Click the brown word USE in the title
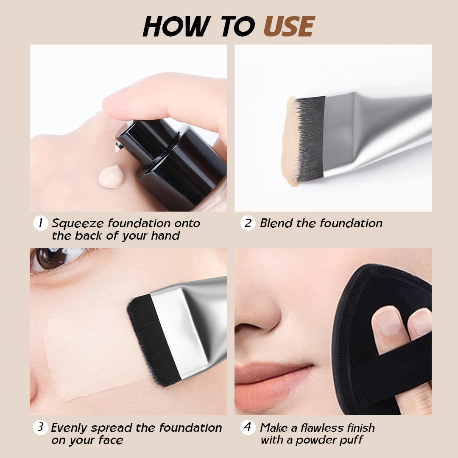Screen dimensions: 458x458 289,27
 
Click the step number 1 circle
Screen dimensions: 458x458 40,223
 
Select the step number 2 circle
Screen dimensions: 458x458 248,223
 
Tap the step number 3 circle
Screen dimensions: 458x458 40,427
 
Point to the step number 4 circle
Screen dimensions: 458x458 248,427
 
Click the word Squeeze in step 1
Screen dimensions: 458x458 78,223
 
